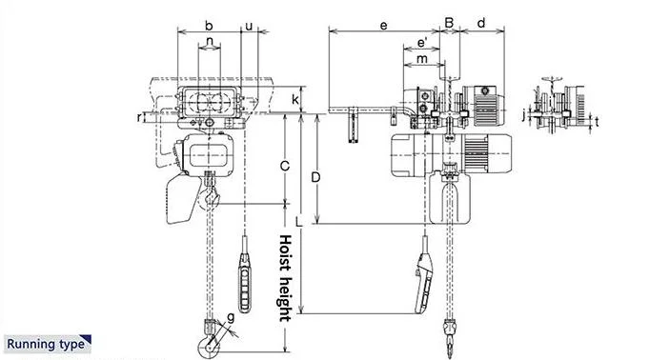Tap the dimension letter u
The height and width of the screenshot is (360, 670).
coord(249,26)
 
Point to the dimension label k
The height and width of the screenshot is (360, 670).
coord(295,99)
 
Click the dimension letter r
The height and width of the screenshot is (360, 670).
coord(140,117)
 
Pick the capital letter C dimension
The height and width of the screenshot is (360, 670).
coord(284,165)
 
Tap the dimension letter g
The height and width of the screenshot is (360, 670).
coord(230,316)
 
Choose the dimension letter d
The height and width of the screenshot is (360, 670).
coord(481,21)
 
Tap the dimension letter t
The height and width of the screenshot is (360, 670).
coord(598,122)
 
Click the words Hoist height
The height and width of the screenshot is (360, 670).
coord(284,277)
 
